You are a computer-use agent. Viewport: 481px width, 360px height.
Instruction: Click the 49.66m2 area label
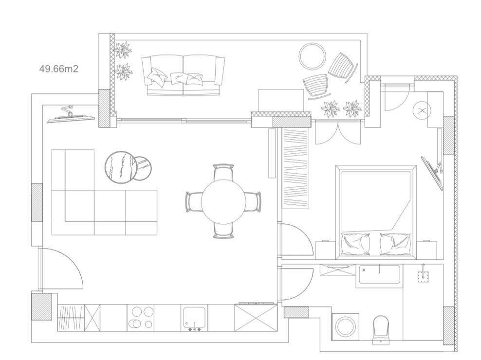(x=58, y=69)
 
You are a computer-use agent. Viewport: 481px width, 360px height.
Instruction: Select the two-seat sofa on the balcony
(x=184, y=75)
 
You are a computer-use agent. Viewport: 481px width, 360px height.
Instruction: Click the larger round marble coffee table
(x=119, y=167)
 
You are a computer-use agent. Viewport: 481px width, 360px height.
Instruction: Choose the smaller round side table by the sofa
(x=143, y=167)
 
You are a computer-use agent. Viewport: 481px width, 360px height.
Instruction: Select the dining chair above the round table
(x=224, y=172)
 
